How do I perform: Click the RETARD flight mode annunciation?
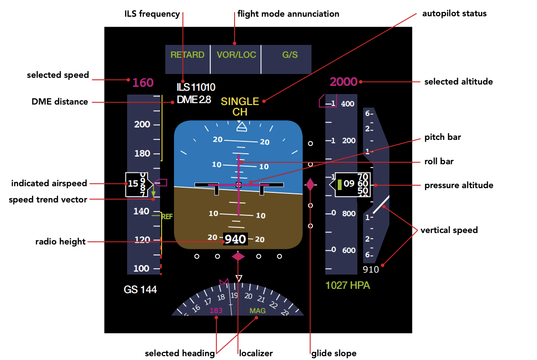(x=187, y=55)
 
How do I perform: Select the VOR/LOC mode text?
(x=236, y=55)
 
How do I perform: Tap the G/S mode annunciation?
(x=290, y=55)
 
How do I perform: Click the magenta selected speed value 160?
(x=143, y=83)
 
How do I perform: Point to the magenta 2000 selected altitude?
(x=344, y=82)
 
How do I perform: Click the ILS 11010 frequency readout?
(x=196, y=87)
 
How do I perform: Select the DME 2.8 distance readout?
(x=193, y=100)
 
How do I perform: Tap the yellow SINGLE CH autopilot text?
(x=240, y=106)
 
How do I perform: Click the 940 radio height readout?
(x=235, y=239)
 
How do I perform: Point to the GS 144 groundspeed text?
(x=140, y=289)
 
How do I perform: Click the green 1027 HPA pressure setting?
(x=347, y=286)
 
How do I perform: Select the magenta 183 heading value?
(x=216, y=311)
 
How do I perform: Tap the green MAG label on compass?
(x=258, y=311)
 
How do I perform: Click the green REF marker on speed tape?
(x=167, y=216)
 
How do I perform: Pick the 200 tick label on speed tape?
(x=142, y=125)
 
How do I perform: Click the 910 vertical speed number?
(x=371, y=269)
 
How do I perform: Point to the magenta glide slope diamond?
(x=310, y=185)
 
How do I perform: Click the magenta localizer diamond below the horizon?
(x=238, y=257)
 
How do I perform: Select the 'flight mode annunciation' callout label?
(x=288, y=14)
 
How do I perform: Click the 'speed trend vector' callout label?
(x=48, y=200)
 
